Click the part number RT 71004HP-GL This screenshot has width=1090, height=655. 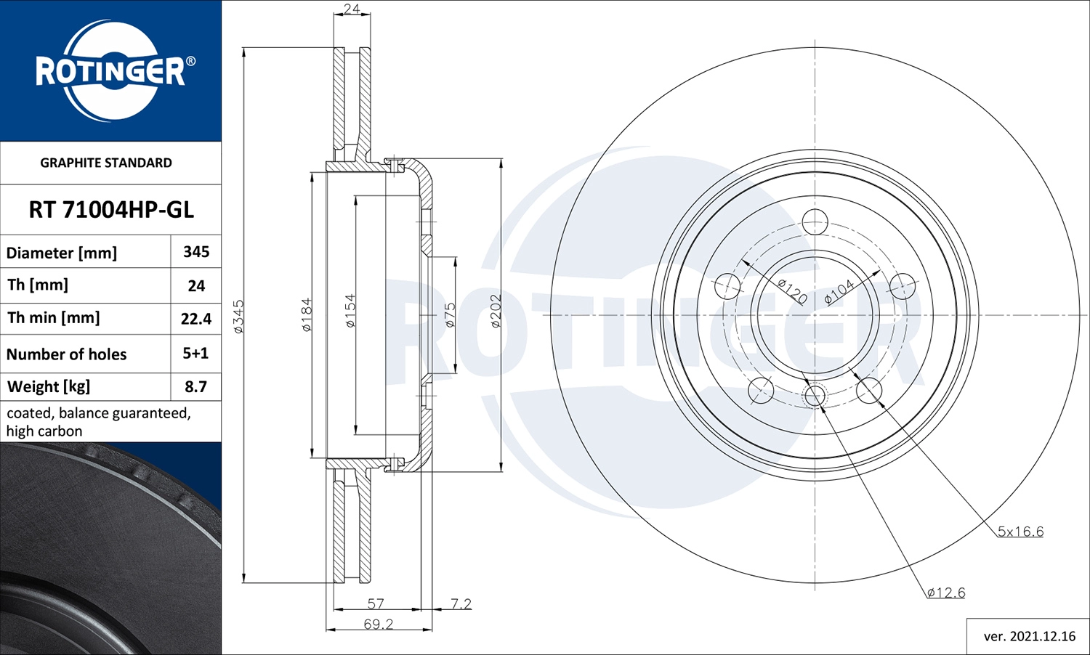click(111, 210)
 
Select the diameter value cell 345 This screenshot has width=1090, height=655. click(196, 252)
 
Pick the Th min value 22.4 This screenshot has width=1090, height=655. click(196, 319)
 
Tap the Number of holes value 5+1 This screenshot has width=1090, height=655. click(195, 354)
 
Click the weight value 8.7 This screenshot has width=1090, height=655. click(195, 386)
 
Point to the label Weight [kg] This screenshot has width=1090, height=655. click(49, 386)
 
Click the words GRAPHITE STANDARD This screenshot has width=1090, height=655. click(106, 163)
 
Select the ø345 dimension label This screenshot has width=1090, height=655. click(238, 317)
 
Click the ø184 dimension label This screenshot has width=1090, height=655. click(307, 314)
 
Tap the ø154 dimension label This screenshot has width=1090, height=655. click(350, 311)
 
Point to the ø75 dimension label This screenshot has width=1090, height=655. click(450, 315)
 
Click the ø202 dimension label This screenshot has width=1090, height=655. click(496, 311)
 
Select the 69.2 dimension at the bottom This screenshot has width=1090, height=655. click(378, 625)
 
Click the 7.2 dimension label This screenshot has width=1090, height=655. click(461, 603)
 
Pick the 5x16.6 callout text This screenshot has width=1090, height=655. click(1020, 532)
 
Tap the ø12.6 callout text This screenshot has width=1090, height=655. click(946, 593)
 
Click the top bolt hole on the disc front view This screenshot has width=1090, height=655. click(815, 222)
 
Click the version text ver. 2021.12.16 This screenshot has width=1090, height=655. click(1029, 636)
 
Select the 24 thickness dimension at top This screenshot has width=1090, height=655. click(352, 9)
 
